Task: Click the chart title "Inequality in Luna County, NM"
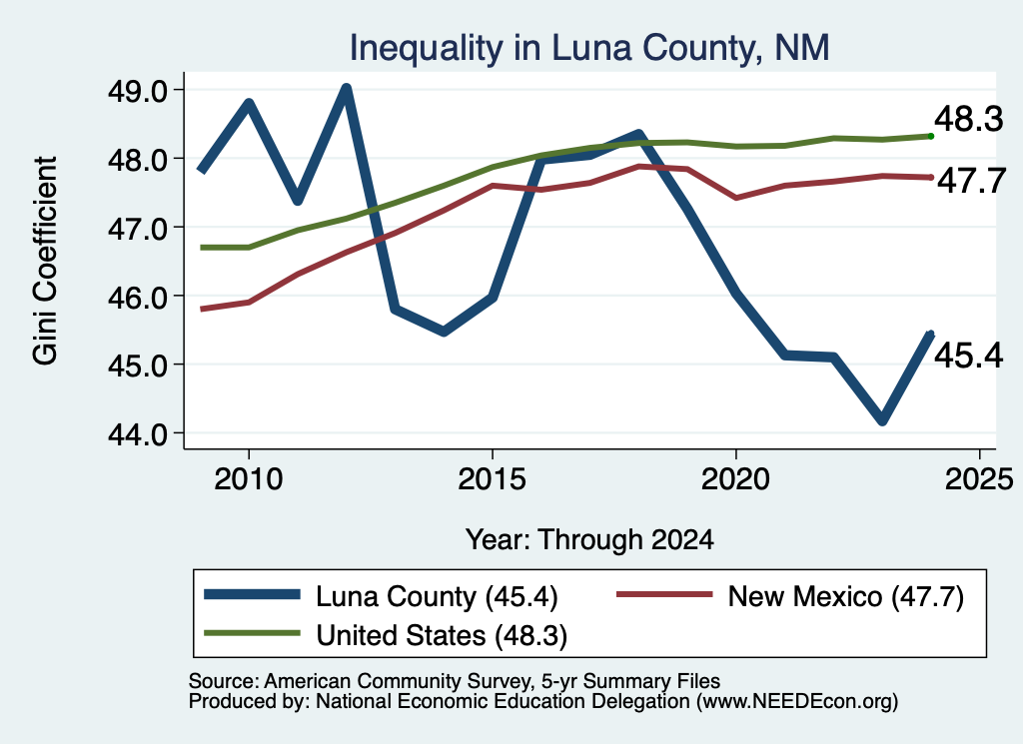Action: click(x=589, y=48)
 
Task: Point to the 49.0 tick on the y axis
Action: click(x=138, y=90)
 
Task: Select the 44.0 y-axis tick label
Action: click(x=138, y=433)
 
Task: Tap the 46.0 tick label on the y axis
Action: click(x=138, y=297)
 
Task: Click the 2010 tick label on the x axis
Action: click(x=248, y=479)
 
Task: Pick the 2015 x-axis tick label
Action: click(x=492, y=479)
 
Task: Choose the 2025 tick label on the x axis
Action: click(x=979, y=479)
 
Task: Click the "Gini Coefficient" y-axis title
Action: click(x=45, y=261)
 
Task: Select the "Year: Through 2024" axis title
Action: click(x=589, y=540)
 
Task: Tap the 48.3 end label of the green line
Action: click(x=969, y=119)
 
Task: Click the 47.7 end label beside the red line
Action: click(x=971, y=181)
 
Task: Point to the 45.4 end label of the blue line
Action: click(x=969, y=357)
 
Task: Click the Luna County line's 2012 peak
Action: click(x=347, y=88)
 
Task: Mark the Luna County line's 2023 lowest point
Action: click(x=882, y=420)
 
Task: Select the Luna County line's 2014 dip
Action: click(x=444, y=332)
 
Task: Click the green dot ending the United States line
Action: click(x=931, y=136)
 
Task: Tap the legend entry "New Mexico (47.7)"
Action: click(x=790, y=596)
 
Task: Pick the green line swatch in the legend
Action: click(x=252, y=633)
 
